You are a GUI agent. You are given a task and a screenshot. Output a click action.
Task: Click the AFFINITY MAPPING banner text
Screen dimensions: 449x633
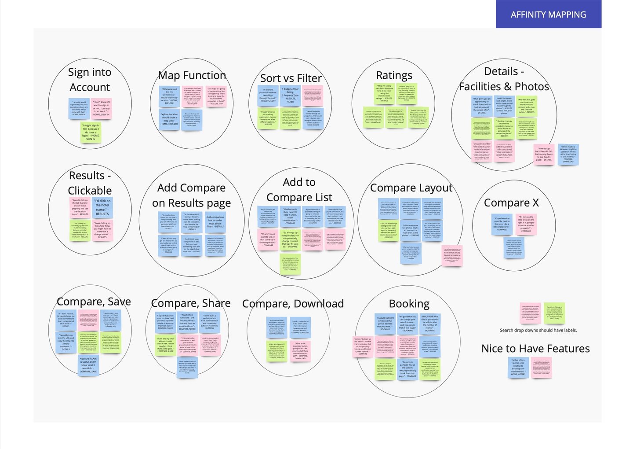[x=548, y=15]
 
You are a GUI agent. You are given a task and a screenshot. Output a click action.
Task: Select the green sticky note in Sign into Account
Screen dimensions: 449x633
[x=91, y=132]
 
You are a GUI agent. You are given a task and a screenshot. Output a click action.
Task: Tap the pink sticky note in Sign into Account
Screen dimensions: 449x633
[x=101, y=108]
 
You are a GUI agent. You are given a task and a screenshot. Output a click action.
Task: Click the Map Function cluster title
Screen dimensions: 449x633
[x=192, y=75]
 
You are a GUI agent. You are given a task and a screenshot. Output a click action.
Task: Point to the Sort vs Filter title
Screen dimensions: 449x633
[x=291, y=78]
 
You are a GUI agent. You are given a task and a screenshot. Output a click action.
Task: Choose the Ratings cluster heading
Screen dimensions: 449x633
[x=394, y=75]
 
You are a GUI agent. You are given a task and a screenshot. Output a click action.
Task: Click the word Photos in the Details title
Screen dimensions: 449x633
[x=532, y=87]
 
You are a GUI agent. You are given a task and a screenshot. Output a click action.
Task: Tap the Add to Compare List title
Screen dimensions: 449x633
[x=299, y=190]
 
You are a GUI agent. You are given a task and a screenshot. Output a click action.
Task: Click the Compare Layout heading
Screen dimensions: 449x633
[x=411, y=188]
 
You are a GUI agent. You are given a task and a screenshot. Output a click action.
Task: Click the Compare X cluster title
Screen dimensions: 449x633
[x=511, y=202]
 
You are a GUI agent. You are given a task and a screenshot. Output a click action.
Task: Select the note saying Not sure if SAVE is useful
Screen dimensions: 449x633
[x=88, y=365]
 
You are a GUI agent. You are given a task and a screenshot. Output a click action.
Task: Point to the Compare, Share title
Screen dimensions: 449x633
[x=190, y=303]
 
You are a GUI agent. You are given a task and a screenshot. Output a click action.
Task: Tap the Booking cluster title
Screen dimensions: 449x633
[x=409, y=304]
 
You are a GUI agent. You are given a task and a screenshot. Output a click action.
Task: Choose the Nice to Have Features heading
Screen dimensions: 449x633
[x=535, y=349]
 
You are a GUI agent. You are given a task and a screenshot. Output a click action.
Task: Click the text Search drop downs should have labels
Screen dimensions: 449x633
[x=538, y=330]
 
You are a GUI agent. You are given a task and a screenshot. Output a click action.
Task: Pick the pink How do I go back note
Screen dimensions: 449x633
[x=544, y=154]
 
